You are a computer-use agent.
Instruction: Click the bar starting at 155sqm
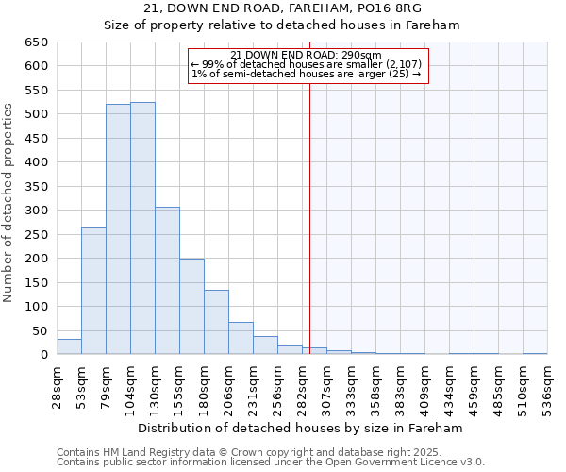191,307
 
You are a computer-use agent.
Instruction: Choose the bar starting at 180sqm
216,322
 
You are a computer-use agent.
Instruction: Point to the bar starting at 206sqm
241,338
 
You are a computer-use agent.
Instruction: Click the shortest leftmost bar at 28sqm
69,346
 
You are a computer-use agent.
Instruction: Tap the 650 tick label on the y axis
36,42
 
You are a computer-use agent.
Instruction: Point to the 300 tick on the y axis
36,211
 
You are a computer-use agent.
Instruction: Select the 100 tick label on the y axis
36,307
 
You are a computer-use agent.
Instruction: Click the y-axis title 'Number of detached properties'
9,203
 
